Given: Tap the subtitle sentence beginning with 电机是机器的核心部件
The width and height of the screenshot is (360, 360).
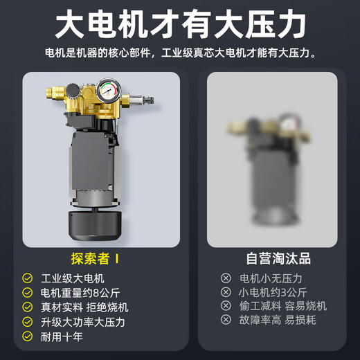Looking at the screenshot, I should (x=180, y=53).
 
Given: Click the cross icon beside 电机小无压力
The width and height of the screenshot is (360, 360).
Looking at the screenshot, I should (x=226, y=278).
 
